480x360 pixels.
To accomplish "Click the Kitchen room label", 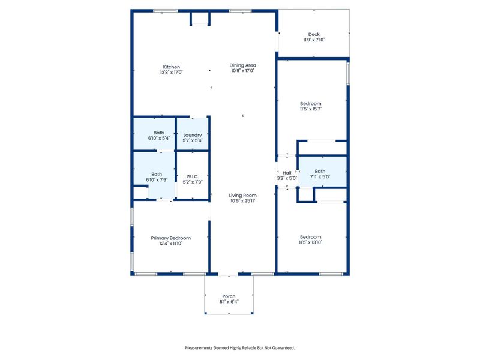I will click(x=171, y=67).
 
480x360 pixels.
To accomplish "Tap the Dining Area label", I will click(x=243, y=65).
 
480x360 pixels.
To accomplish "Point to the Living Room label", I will click(x=243, y=195).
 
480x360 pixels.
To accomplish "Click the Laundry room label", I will click(x=193, y=135).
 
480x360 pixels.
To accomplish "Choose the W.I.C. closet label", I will click(x=193, y=176).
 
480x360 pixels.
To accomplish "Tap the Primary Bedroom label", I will click(x=171, y=238).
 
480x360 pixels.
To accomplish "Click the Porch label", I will click(x=229, y=296).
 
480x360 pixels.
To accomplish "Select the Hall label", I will click(x=287, y=172).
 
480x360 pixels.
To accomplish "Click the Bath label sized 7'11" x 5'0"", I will click(x=320, y=171).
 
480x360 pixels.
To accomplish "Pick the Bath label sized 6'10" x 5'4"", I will click(x=159, y=133).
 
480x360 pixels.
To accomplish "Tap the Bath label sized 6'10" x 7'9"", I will click(x=157, y=174).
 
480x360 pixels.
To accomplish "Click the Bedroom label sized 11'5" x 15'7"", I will click(x=311, y=104).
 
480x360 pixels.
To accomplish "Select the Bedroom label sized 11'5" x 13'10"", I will click(x=311, y=236).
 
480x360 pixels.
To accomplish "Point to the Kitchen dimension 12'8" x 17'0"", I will click(x=171, y=72).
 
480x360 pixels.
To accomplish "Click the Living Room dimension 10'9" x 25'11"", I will click(x=243, y=200).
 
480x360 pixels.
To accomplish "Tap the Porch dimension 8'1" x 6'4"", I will click(x=229, y=302).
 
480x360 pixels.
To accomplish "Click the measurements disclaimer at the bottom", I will click(x=240, y=347).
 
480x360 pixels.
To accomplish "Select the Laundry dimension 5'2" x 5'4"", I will click(x=193, y=140).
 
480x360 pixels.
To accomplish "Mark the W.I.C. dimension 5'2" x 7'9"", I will click(x=193, y=182).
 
